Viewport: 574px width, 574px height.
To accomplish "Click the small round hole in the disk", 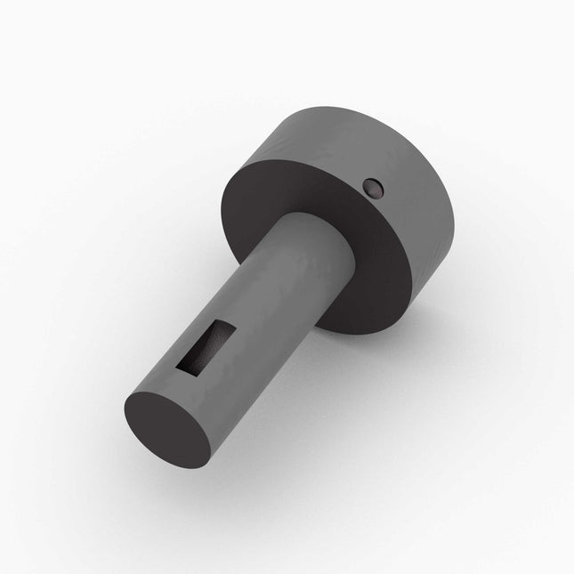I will pyautogui.click(x=372, y=187).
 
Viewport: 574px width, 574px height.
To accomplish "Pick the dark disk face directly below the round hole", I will pyautogui.click(x=383, y=258).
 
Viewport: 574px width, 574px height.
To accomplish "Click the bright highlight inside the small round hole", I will pyautogui.click(x=375, y=190).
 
